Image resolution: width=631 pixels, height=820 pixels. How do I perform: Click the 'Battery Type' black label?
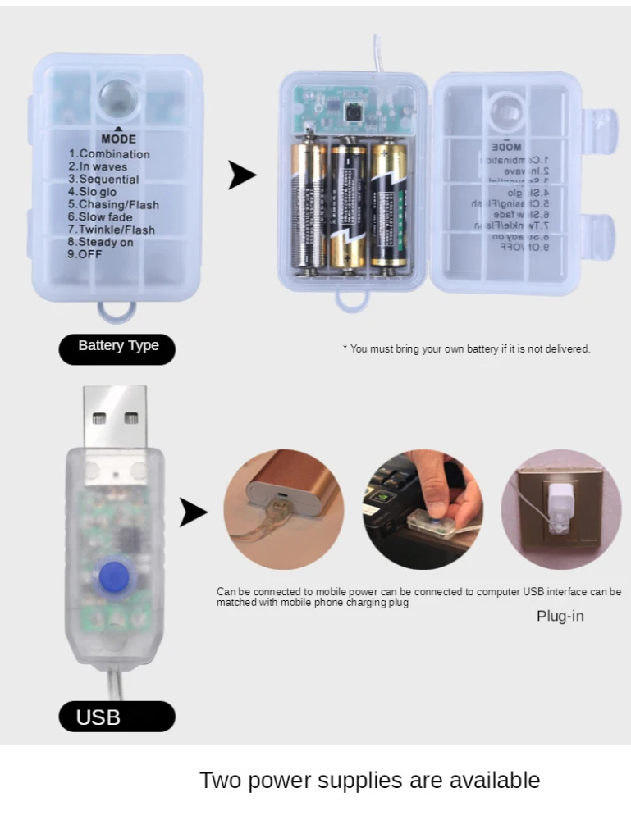pos(117,346)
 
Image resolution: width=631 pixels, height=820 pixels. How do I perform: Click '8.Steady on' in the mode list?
pos(100,242)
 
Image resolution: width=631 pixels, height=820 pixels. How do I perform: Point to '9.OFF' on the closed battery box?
pos(85,254)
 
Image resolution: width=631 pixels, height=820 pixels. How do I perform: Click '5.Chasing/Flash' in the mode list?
pos(113,204)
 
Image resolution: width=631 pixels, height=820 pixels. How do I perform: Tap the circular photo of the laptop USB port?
pos(423,509)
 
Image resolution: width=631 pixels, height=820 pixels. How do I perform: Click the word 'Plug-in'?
pos(560,615)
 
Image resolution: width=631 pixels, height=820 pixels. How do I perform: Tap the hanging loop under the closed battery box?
pos(117,311)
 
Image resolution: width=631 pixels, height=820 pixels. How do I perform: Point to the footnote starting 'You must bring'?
pos(466,349)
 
